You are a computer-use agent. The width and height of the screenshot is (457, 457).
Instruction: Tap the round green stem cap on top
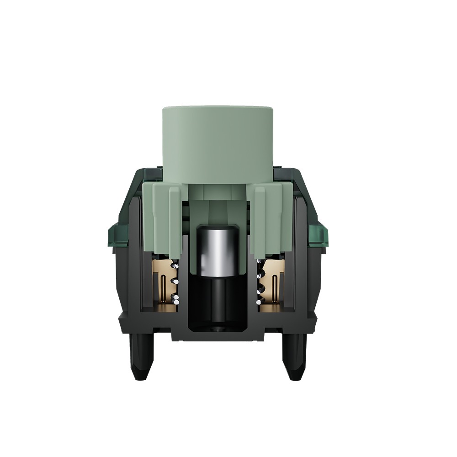[218, 137]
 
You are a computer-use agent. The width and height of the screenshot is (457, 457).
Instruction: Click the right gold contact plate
[273, 286]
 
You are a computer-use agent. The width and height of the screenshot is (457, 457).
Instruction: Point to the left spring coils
[174, 283]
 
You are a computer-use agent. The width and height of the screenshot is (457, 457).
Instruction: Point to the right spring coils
[260, 283]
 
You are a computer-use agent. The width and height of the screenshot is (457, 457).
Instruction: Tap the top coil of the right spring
[260, 265]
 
